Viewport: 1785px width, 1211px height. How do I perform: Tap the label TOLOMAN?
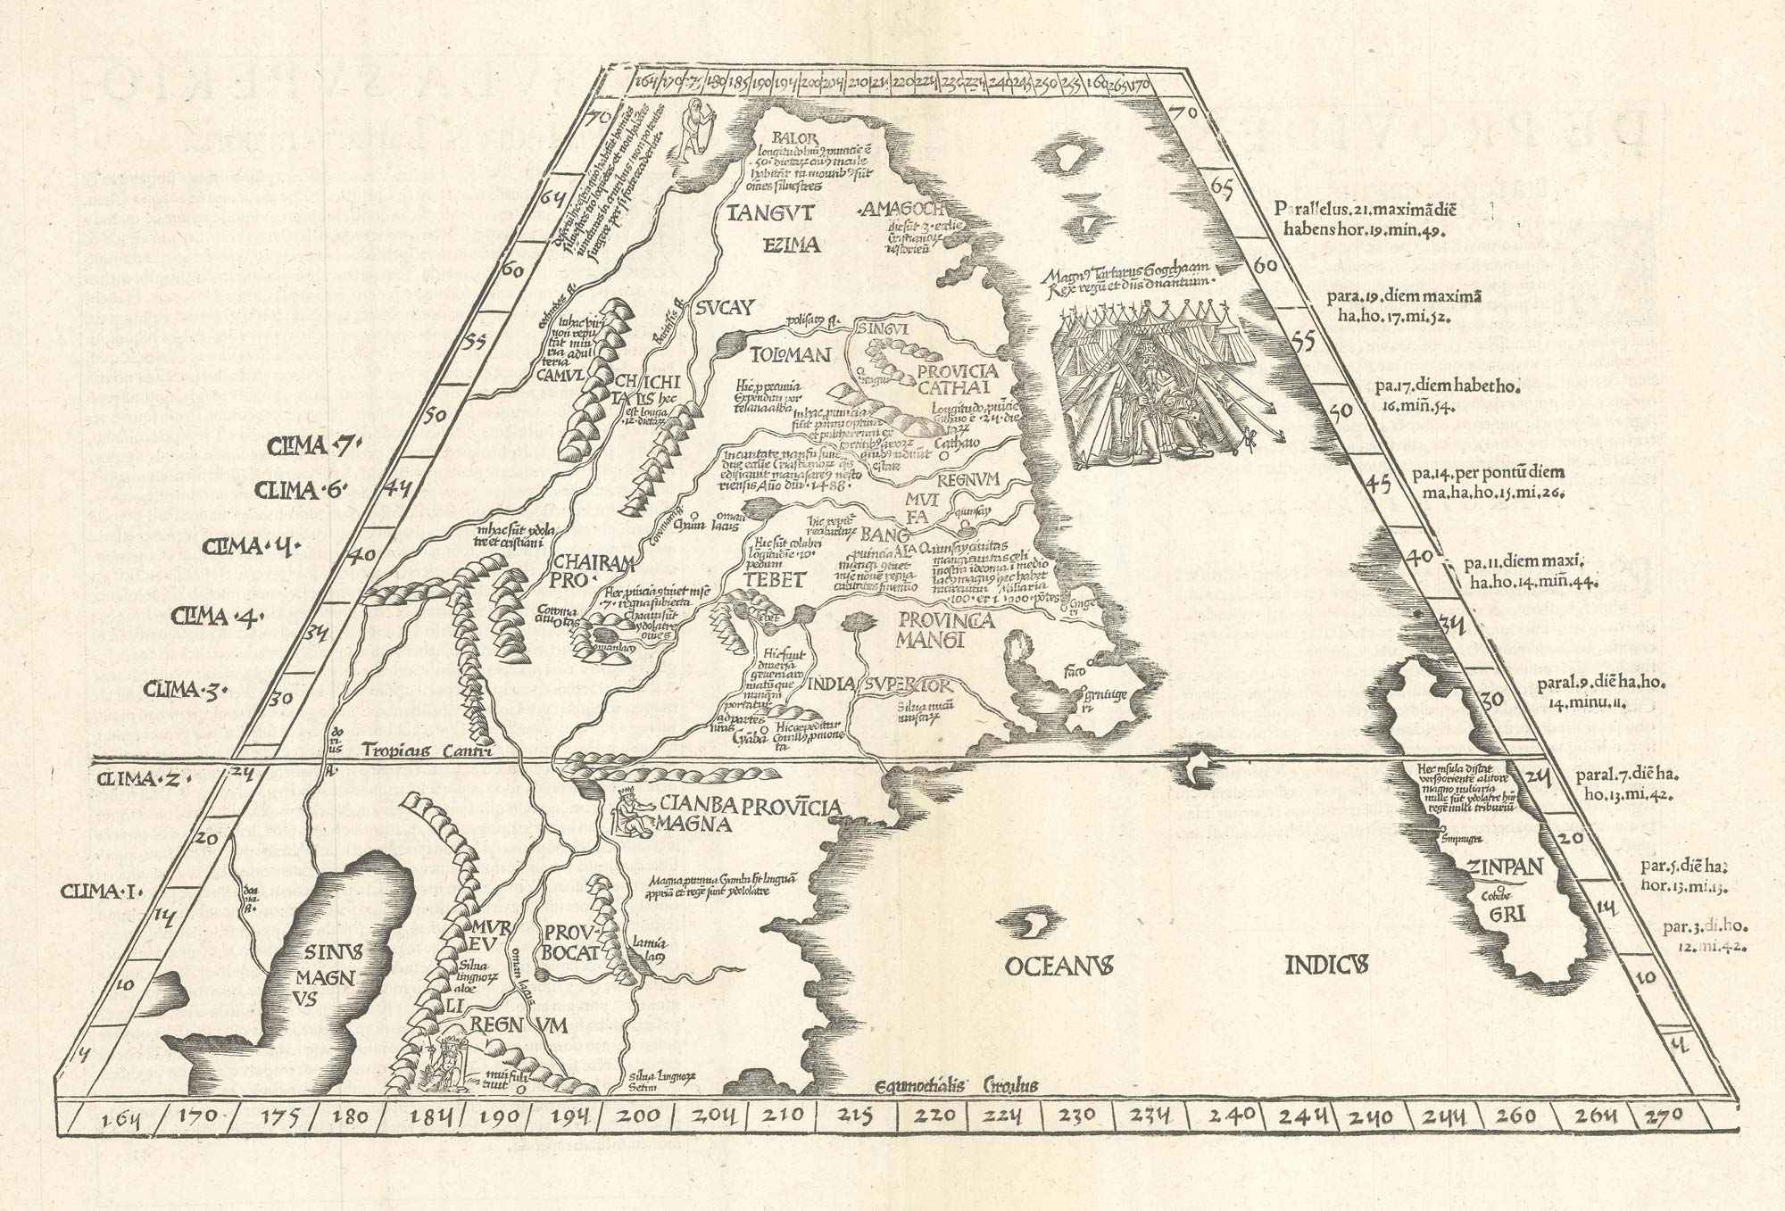pos(777,354)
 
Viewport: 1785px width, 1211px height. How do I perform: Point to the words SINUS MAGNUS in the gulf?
pos(328,977)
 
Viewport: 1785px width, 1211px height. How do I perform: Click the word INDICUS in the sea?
pos(1326,965)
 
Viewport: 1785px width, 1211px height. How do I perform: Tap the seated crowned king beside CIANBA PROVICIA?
pos(631,813)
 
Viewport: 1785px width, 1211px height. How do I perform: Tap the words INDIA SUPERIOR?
pos(878,685)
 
